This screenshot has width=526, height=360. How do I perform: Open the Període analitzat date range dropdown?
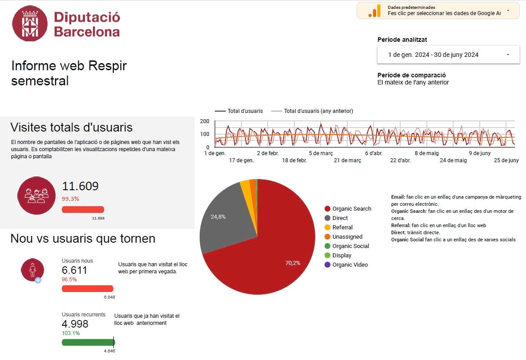coord(448,55)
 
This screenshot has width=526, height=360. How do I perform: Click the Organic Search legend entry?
coord(351,209)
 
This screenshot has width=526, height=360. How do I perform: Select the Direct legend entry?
coord(340,218)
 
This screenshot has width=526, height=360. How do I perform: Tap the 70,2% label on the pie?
coord(293,263)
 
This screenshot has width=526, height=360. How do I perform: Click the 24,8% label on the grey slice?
coord(218,217)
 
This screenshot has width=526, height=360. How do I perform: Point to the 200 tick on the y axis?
coord(205,121)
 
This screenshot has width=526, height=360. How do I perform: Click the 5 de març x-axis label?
coord(321,153)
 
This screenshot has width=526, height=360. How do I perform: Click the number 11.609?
coord(80,186)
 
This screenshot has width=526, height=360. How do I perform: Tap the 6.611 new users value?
coord(74,270)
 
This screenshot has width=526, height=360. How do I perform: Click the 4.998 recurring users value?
coord(75,324)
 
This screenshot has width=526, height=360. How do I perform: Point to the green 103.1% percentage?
coord(71,333)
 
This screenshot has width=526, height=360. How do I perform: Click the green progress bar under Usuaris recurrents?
coord(88,342)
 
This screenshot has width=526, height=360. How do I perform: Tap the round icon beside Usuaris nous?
coord(32,269)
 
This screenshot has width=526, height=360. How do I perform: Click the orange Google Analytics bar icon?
coord(374,11)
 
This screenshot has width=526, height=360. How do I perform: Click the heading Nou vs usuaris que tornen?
coord(83,239)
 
